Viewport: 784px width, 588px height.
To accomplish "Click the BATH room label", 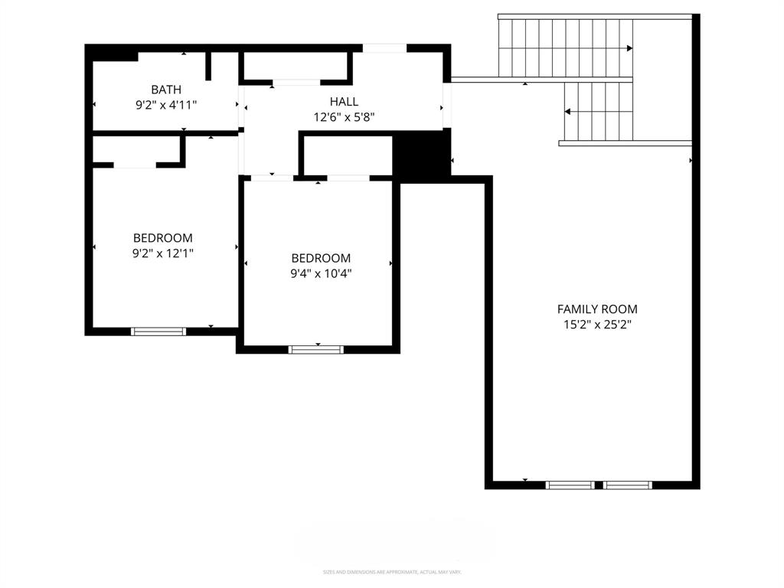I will coord(166,90).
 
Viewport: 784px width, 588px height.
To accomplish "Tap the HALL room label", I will coord(344,101).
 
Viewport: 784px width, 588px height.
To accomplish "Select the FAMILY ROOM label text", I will coord(596,309).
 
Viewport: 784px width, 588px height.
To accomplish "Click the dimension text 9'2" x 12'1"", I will coord(163,253).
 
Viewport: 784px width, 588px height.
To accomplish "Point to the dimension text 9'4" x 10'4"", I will coord(321,273).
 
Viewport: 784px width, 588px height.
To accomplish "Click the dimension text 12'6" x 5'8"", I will coord(344,117).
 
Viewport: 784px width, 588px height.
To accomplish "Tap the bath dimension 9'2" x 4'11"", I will coord(166,105).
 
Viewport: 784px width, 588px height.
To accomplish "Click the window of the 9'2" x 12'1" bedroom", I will coord(158,332).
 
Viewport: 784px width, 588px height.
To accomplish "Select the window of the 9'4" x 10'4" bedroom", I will coord(316,350).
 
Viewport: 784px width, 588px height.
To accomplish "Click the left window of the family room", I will coord(570,485).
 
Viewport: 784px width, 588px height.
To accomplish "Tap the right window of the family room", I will coord(628,485).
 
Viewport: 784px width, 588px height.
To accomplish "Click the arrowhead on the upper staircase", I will coord(629,48).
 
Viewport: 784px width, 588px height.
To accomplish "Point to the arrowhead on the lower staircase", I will coord(567,112).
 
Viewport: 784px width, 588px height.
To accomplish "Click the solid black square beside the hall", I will coord(421,155).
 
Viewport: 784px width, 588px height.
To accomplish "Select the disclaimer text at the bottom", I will coord(392,572).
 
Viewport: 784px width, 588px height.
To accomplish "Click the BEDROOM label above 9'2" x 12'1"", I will coord(163,238).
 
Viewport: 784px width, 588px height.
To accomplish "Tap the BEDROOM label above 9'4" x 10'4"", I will coord(321,258).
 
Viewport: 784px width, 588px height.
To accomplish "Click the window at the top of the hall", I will coord(384,48).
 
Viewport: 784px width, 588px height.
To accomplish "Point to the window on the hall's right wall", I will coord(447,106).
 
